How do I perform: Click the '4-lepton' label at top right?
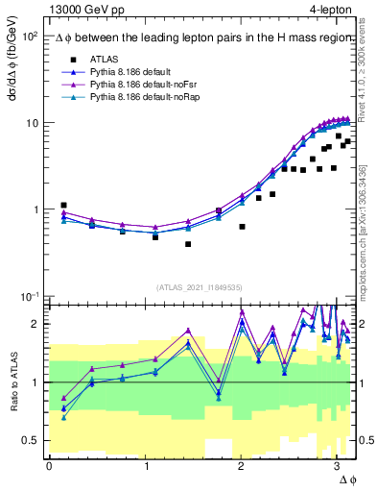click(x=328, y=9)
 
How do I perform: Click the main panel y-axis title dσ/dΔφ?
click(x=12, y=63)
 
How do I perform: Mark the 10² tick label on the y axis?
click(x=28, y=37)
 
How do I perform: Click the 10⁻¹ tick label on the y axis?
click(x=27, y=296)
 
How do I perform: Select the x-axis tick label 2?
click(x=241, y=466)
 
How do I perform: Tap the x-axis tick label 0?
click(x=49, y=466)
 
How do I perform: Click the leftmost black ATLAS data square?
click(x=63, y=206)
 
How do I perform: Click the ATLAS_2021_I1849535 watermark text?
click(x=199, y=287)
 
